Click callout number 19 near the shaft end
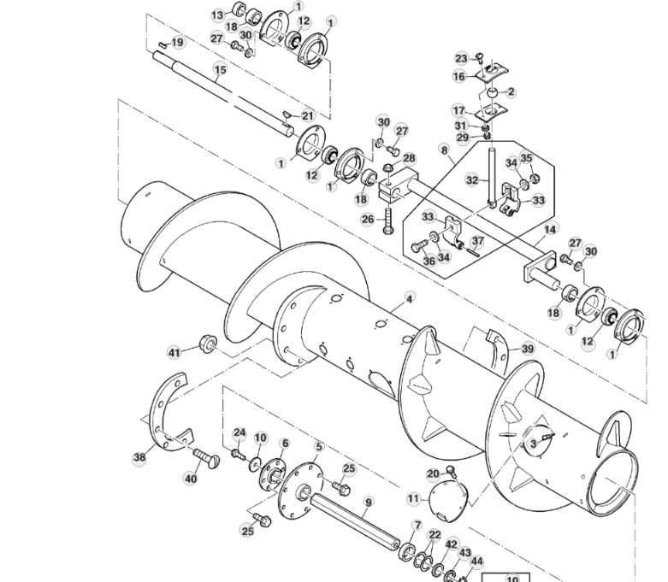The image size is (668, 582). click(177, 42)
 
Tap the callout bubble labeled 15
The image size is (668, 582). click(220, 69)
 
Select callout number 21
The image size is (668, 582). click(308, 115)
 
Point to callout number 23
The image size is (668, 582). click(461, 58)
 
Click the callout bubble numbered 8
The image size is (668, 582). click(444, 149)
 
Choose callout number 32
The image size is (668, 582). click(471, 180)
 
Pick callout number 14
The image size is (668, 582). click(550, 229)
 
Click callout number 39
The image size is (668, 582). click(527, 349)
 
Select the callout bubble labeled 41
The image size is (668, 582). click(174, 352)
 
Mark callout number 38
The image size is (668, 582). click(139, 457)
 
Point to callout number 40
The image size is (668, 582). click(191, 479)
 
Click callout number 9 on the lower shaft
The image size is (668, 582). click(368, 502)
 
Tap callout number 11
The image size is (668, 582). click(414, 497)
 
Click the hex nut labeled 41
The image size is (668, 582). click(204, 344)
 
